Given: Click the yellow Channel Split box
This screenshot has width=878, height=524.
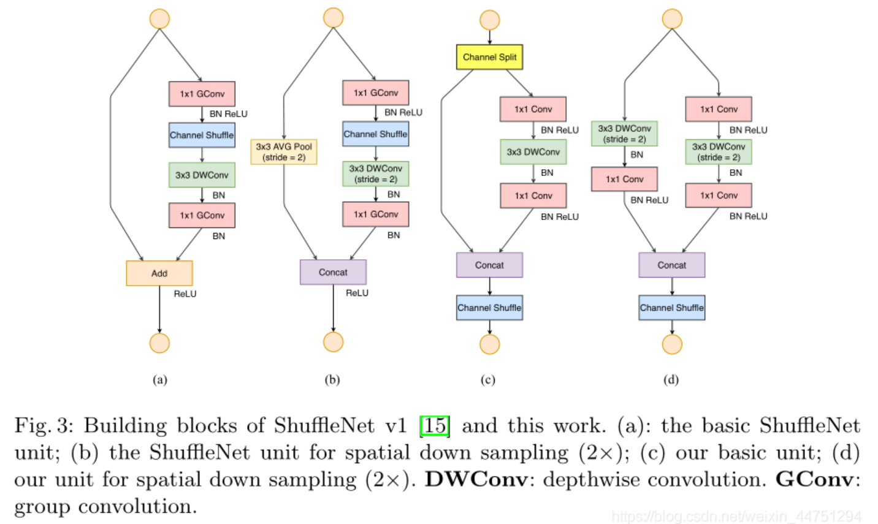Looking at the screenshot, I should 489,57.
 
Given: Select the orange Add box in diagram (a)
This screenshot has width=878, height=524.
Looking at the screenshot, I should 159,273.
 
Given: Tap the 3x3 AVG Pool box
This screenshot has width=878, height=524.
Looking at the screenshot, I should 283,152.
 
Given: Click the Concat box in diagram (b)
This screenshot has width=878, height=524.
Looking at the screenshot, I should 333,272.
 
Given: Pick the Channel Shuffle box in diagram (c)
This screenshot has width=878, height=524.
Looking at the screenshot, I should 489,308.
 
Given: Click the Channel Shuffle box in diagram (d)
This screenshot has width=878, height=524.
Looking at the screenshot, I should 672,308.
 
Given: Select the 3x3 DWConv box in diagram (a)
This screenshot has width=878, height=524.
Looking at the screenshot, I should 202,175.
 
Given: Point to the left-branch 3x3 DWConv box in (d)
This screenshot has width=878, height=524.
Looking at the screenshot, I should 624,134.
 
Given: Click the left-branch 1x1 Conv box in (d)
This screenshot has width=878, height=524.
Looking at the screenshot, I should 624,179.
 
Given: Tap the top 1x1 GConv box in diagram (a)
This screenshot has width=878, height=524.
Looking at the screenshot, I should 202,94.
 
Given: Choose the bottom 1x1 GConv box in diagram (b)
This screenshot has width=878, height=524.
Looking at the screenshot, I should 375,215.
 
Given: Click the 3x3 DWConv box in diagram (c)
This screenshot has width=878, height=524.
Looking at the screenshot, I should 533,152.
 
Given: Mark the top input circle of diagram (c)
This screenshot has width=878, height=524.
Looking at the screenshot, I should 489,20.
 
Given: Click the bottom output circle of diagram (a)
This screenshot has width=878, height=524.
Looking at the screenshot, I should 159,343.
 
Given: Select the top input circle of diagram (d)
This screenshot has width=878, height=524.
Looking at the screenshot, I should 672,19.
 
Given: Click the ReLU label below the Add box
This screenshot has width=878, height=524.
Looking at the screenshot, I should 185,294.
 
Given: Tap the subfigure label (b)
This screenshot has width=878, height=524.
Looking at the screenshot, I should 332,380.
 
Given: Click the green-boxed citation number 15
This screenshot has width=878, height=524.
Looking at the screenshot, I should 435,425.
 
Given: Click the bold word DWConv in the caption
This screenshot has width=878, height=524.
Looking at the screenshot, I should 476,479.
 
